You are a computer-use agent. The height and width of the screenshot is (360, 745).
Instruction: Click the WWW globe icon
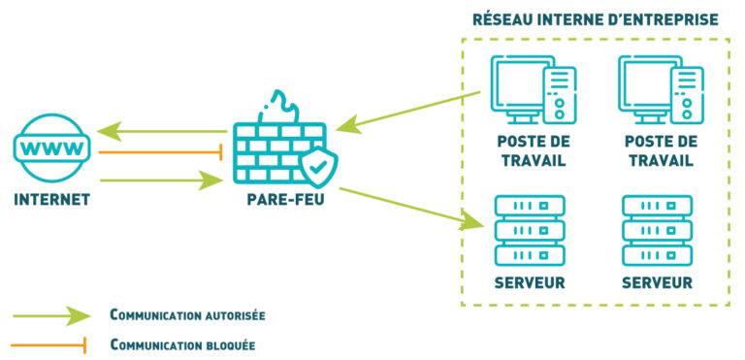[51, 151]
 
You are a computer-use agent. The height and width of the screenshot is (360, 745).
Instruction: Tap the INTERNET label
[51, 201]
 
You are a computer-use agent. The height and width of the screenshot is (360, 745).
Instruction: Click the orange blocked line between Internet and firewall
[160, 152]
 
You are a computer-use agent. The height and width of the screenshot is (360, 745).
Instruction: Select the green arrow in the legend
[50, 315]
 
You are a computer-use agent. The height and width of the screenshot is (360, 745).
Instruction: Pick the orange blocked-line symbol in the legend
[50, 344]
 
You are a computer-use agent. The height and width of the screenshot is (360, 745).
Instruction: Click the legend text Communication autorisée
[187, 315]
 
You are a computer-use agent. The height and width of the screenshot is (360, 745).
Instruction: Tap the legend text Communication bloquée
[182, 344]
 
